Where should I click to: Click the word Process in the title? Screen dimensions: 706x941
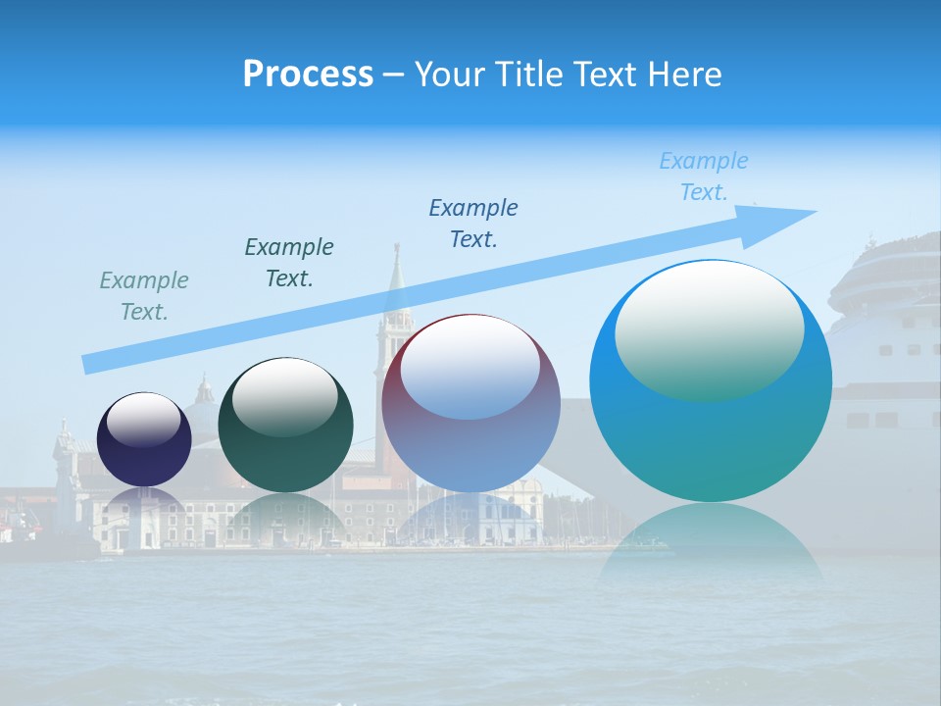(x=308, y=75)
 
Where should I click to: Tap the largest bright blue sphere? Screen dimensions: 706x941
(x=711, y=431)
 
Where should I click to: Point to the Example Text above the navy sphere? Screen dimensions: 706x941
(x=144, y=296)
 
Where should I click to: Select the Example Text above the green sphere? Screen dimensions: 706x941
(x=289, y=263)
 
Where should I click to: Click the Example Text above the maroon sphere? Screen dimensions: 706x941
(x=473, y=224)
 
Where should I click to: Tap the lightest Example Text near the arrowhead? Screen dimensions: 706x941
(x=704, y=176)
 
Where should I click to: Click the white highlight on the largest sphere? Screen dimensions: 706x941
(x=709, y=328)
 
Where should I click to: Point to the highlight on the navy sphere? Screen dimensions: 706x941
(x=143, y=420)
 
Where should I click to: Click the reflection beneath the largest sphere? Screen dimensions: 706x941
(x=711, y=539)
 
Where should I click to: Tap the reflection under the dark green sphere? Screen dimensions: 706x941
(x=285, y=515)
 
